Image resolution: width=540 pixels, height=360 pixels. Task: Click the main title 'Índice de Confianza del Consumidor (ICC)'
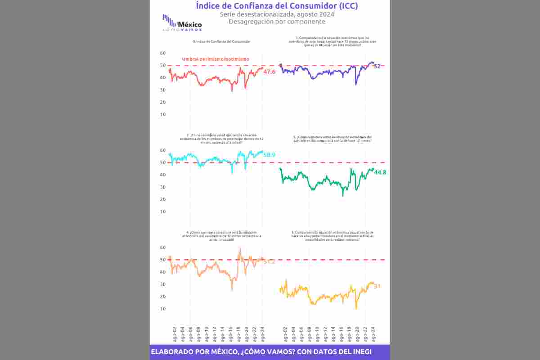tap(277, 6)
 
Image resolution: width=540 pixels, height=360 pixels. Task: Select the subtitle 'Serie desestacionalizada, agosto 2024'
tap(277, 14)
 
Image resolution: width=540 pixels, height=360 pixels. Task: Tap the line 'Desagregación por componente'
tap(277, 22)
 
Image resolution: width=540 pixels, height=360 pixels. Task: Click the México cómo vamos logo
tap(182, 23)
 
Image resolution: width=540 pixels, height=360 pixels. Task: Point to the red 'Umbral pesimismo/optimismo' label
tap(215, 59)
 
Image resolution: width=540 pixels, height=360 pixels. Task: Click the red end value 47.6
tap(270, 72)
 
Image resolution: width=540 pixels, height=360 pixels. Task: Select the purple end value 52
tap(377, 66)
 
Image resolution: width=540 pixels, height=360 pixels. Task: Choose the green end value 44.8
tap(380, 172)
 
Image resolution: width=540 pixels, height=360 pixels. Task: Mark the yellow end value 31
tap(378, 286)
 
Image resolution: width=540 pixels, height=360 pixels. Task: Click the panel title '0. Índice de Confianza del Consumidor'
tap(221, 41)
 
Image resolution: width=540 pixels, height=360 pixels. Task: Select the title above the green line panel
tap(332, 138)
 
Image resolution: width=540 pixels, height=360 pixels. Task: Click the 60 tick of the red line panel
tap(163, 53)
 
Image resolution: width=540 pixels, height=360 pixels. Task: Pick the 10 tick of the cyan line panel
tap(163, 211)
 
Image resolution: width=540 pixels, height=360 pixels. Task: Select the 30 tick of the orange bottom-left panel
tap(163, 284)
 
